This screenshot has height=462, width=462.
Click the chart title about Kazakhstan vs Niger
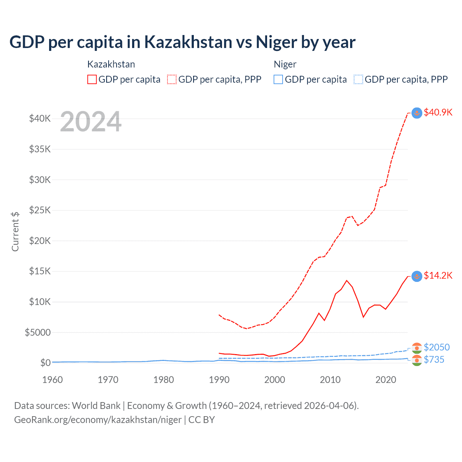182,42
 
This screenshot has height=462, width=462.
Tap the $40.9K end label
438,112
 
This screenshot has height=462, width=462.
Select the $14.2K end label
438,275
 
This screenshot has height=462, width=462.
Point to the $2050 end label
436,347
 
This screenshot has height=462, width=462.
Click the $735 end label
434,359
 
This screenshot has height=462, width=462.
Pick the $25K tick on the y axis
40,210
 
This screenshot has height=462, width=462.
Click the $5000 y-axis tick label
38,332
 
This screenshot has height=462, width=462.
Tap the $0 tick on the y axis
45,363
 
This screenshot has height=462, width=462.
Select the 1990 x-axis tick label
219,380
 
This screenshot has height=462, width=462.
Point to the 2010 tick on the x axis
330,380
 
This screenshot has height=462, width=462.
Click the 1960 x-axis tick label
53,380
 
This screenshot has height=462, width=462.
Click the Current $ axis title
15,232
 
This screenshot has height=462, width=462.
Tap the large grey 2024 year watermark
91,122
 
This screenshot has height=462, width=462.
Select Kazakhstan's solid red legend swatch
92,79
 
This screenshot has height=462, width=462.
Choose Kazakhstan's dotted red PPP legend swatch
172,79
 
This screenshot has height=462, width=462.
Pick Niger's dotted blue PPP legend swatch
358,79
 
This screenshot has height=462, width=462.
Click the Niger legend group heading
285,64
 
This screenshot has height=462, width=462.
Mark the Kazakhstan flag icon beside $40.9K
417,113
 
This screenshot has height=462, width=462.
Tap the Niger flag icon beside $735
417,360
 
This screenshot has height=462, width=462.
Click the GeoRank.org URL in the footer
98,420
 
